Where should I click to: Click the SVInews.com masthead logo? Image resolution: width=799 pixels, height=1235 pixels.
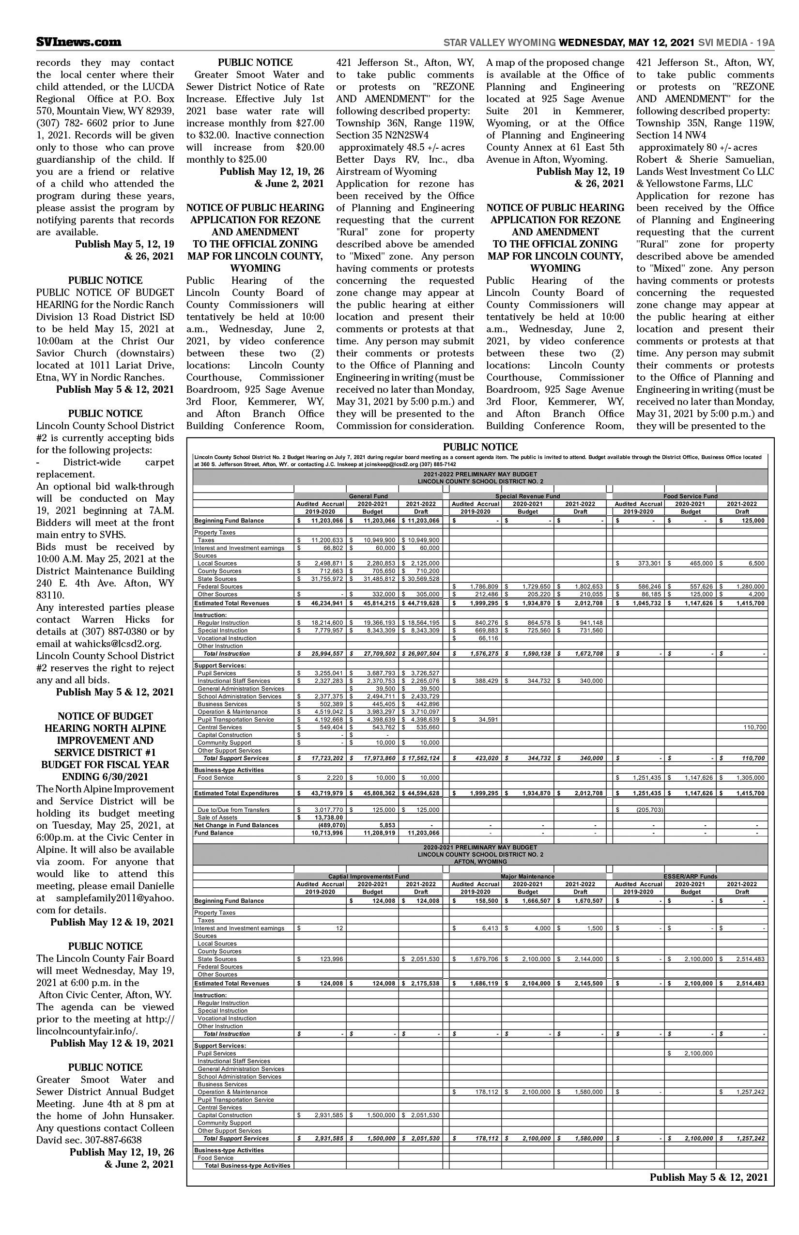79,42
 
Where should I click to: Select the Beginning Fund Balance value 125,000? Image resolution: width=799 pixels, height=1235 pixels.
750,521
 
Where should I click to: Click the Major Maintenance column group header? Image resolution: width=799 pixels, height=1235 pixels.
527,877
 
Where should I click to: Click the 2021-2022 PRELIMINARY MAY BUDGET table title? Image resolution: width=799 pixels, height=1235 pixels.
480,474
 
